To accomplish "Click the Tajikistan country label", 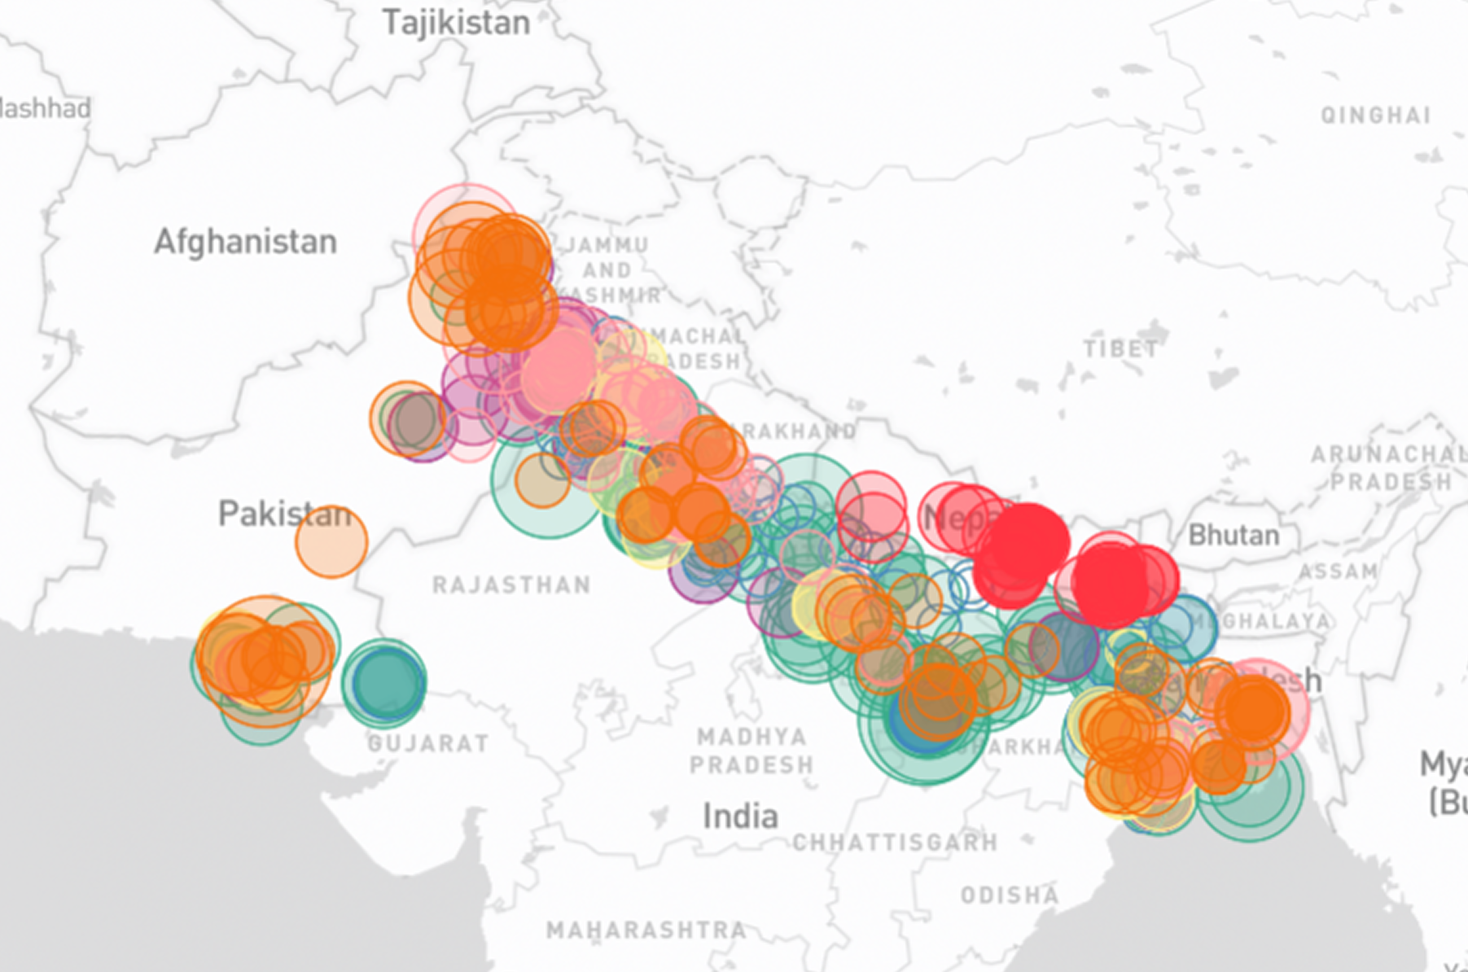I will click(456, 23).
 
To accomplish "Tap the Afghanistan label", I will click(245, 242).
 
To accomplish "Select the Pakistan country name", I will click(283, 514).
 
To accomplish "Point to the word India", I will click(739, 816).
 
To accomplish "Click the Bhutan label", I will click(1234, 535).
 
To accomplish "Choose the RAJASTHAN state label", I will click(511, 585).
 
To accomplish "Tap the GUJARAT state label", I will click(428, 743).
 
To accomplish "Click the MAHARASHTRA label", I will click(646, 930).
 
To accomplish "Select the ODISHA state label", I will click(1010, 895).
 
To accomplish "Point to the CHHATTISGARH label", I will click(895, 843).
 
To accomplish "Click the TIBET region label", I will click(1120, 349).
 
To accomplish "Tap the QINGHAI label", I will click(1375, 116).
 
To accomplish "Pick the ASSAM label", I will click(1338, 571).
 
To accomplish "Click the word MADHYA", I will click(752, 737).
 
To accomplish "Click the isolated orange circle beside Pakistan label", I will click(331, 541).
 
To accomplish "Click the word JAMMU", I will click(607, 245).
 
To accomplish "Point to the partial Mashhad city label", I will click(45, 108).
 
